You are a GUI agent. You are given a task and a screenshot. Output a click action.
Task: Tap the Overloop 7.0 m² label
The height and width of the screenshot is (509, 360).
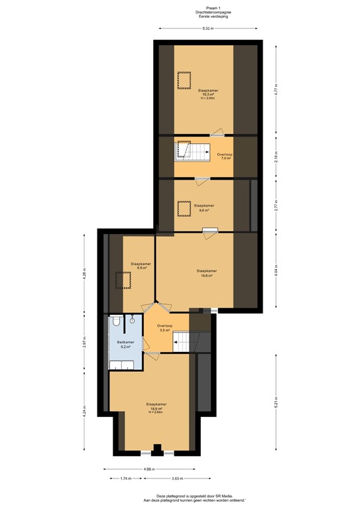(225, 156)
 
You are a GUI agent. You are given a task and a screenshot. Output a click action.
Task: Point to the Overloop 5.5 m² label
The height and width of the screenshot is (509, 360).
(164, 328)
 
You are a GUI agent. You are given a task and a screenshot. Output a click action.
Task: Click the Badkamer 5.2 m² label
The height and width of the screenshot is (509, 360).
(125, 345)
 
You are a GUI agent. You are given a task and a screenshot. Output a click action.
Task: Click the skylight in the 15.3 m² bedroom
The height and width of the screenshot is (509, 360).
(182, 80)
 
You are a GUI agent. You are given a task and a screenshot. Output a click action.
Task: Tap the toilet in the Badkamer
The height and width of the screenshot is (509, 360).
(116, 321)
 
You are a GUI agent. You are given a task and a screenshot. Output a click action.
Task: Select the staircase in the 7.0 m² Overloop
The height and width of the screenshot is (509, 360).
(192, 152)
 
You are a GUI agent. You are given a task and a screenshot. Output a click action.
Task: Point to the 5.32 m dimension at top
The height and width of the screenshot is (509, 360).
(208, 28)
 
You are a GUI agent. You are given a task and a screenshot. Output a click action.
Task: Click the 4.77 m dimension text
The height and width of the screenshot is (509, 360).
(274, 88)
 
